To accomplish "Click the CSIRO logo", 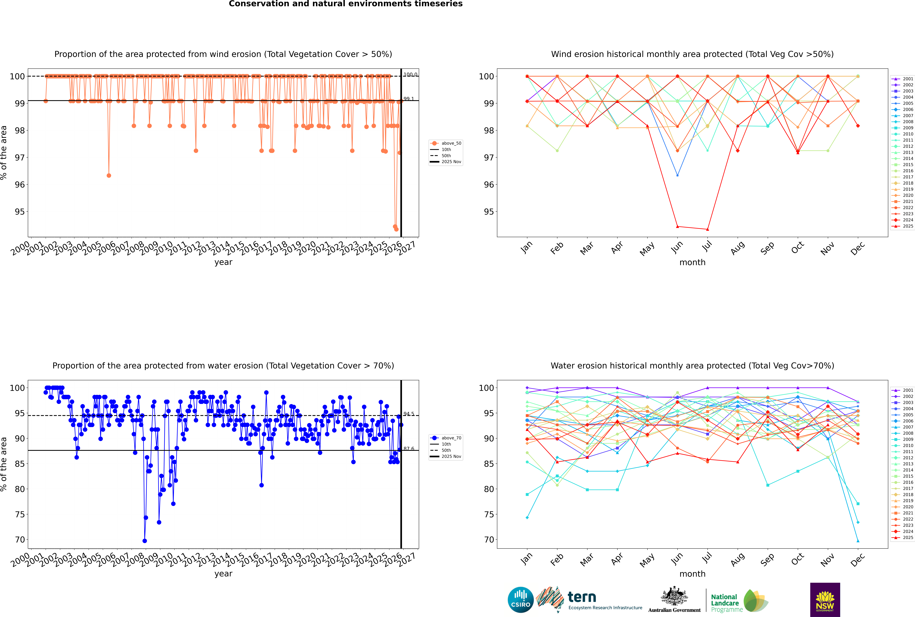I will tap(520, 600).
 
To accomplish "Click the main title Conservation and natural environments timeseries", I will tap(345, 4).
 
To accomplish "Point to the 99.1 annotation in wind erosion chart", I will tap(408, 99).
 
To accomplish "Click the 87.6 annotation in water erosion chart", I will tap(408, 449).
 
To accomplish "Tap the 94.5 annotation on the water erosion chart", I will tap(408, 414).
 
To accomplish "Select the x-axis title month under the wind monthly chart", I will tap(692, 263).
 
